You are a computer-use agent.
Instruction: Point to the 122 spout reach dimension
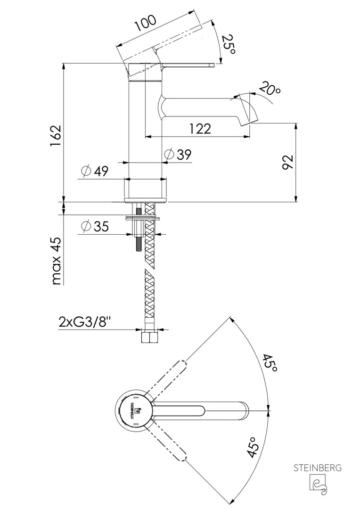pyautogui.click(x=200, y=128)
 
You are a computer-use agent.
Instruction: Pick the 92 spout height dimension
pyautogui.click(x=288, y=162)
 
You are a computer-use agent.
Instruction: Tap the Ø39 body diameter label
pyautogui.click(x=179, y=154)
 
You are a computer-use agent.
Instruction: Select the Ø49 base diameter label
pyautogui.click(x=94, y=171)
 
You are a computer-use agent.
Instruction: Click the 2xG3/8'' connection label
pyautogui.click(x=85, y=322)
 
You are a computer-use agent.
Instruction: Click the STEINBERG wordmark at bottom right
pyautogui.click(x=318, y=468)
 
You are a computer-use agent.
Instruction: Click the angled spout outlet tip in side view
pyautogui.click(x=249, y=115)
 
